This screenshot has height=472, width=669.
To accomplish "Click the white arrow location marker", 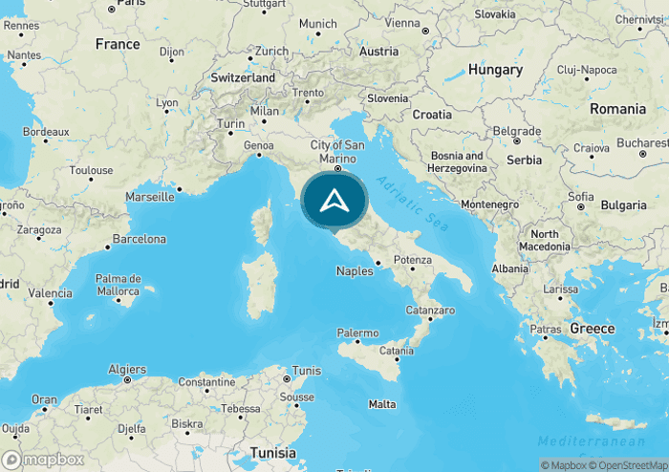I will click(334, 201).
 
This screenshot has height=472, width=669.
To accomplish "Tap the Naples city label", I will click(355, 271).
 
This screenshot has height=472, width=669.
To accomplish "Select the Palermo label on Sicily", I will click(357, 333).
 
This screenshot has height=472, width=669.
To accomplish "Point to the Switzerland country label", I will click(243, 77).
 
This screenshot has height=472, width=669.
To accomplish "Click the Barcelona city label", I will click(140, 239).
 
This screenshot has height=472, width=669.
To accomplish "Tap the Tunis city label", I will click(307, 370).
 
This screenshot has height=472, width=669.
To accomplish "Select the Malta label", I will click(382, 404).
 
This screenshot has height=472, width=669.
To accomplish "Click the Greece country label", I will click(593, 328).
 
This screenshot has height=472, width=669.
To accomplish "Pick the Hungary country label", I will click(495, 70).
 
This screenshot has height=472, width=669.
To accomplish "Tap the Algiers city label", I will click(127, 369).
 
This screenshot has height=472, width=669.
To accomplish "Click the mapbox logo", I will click(43, 460).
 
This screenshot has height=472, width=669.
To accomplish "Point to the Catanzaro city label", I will click(429, 311).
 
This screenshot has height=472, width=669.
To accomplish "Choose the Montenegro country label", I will click(489, 204).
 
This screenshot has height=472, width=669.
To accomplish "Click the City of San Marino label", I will click(337, 151).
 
